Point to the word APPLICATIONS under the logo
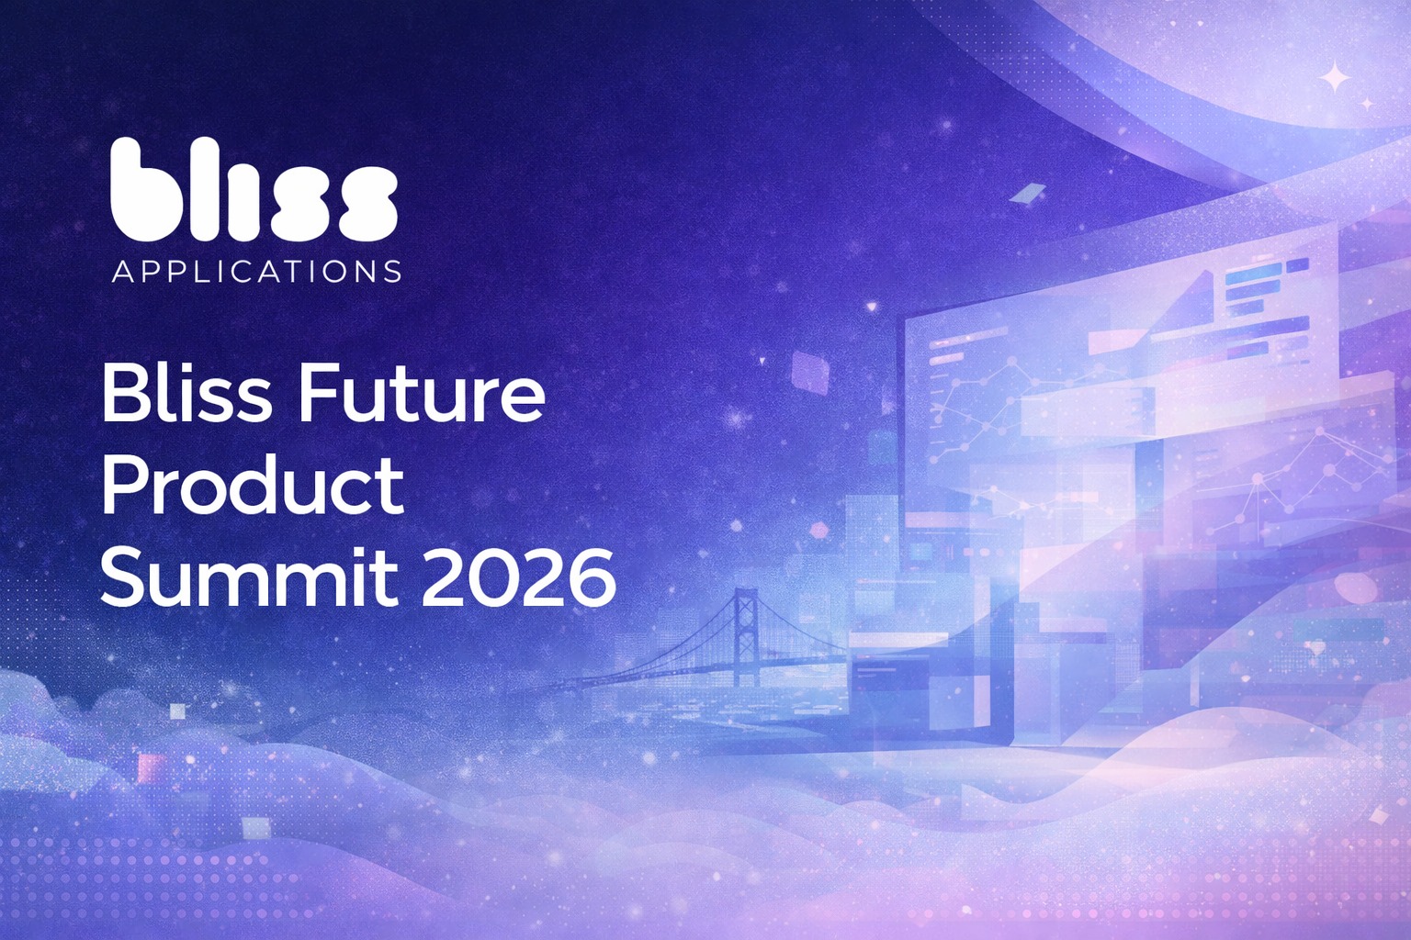click(x=256, y=272)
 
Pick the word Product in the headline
click(x=253, y=486)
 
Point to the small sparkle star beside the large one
click(x=1367, y=104)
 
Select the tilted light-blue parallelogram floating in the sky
click(x=1027, y=193)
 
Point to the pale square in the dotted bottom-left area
click(x=255, y=828)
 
